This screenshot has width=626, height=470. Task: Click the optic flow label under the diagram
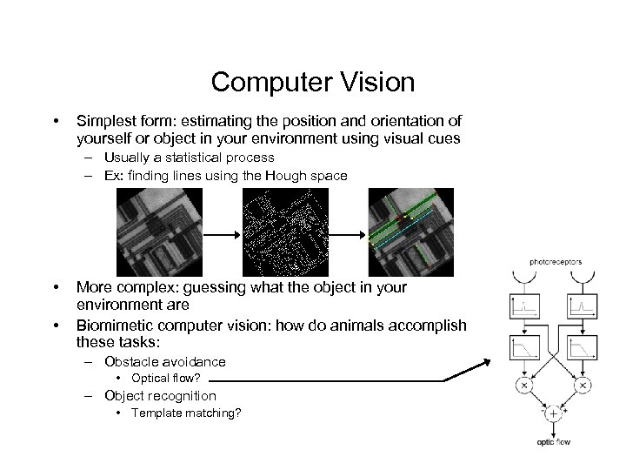tap(554, 442)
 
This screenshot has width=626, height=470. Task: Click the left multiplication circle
tap(524, 383)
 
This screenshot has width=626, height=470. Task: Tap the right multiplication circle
tap(583, 383)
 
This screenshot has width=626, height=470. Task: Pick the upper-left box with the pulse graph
tap(524, 307)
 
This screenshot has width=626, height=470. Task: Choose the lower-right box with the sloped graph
tap(583, 348)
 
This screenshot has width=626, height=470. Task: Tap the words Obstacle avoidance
tap(164, 361)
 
